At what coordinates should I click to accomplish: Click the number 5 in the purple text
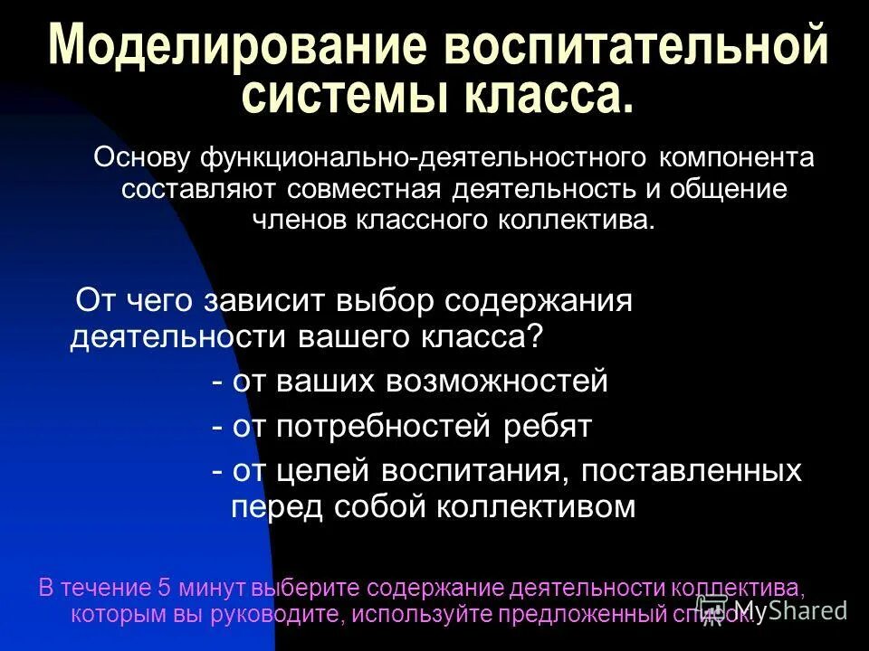[164, 587]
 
